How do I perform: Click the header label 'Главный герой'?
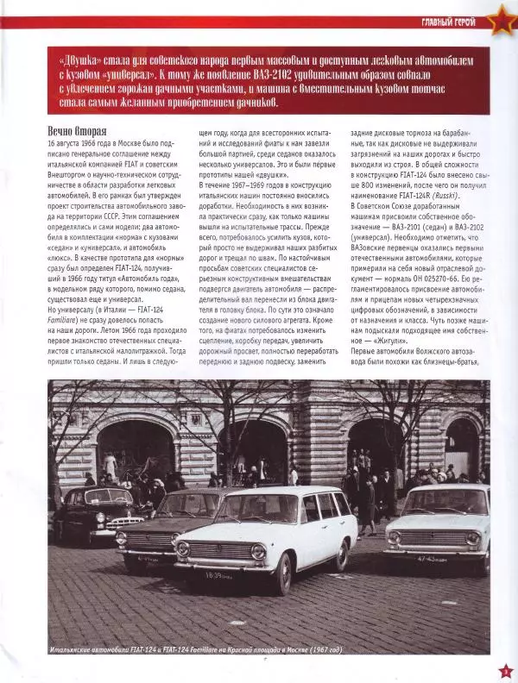[445, 22]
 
